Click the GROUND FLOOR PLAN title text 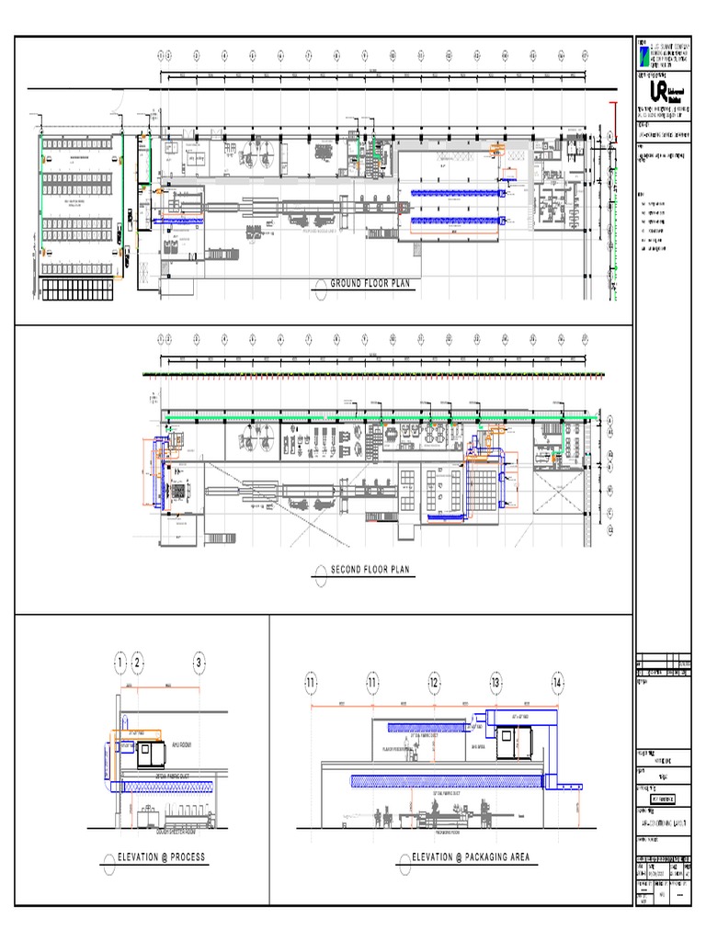pos(371,285)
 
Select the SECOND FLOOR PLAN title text pos(371,571)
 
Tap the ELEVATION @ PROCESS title pos(162,857)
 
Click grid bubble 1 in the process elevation pos(120,663)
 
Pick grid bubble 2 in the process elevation pos(137,663)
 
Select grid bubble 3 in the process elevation pos(199,663)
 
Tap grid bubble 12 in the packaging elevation pos(434,683)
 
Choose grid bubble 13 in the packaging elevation pos(495,683)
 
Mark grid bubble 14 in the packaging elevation pos(557,683)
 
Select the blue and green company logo pos(643,54)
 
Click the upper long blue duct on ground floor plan pos(456,193)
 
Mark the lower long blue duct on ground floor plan pos(456,221)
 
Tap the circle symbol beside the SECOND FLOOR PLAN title pos(319,571)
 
